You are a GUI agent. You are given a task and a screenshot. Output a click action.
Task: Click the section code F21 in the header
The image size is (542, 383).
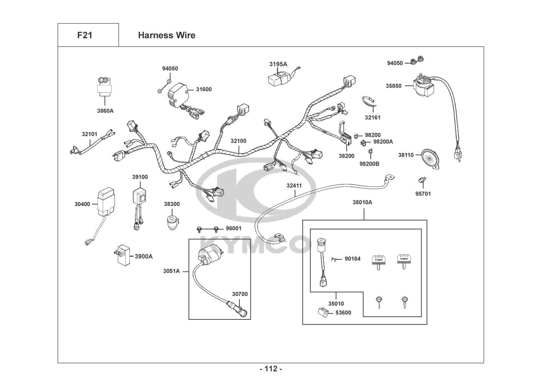(84, 35)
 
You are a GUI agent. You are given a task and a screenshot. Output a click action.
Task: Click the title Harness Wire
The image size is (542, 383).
(167, 35)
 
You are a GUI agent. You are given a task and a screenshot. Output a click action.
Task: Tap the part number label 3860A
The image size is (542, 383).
(105, 111)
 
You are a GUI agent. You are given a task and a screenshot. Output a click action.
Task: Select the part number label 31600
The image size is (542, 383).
(204, 89)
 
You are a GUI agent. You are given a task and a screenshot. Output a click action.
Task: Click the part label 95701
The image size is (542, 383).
(423, 194)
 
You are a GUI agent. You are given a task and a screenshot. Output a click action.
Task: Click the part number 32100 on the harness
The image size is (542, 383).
(238, 141)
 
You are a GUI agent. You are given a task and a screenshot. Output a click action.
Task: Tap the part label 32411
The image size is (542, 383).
(294, 185)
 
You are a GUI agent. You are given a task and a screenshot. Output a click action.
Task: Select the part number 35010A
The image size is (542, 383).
(362, 202)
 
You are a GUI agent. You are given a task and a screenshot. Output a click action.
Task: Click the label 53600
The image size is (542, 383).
(343, 313)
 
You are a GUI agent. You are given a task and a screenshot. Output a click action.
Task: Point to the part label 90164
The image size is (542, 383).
(352, 259)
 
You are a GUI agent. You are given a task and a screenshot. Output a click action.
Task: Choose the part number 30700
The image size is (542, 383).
(240, 294)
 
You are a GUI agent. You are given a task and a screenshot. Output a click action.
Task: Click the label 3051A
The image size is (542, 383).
(171, 271)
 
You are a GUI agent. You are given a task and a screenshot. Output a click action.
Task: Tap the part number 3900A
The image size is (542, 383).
(143, 256)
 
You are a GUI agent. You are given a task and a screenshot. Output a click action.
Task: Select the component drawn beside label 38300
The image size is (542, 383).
(172, 222)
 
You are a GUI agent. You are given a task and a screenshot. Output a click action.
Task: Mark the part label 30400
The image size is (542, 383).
(82, 204)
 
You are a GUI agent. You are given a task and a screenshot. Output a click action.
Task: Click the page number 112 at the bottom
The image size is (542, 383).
(271, 369)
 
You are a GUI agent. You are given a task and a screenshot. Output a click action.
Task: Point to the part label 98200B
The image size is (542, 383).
(369, 164)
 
